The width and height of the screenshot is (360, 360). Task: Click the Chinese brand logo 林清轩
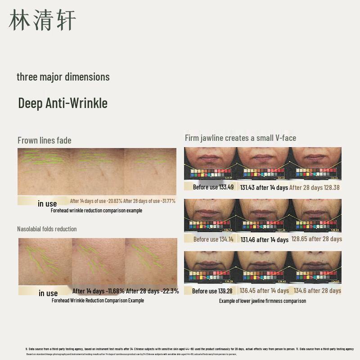(42, 20)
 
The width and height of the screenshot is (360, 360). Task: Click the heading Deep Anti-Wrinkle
(63, 103)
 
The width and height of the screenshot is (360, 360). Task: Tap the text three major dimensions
(63, 77)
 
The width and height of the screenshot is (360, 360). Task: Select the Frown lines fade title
(45, 140)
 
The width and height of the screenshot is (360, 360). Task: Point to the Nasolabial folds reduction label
(47, 229)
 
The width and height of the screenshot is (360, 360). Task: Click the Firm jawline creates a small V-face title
(240, 138)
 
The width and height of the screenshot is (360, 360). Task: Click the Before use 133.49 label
(213, 187)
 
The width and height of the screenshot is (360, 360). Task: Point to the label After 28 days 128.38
(315, 188)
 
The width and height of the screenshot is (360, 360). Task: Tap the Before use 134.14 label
(213, 239)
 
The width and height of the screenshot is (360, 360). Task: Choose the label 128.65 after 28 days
(317, 239)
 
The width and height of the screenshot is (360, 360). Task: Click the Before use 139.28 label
(212, 291)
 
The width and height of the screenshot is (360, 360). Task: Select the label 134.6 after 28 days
(317, 291)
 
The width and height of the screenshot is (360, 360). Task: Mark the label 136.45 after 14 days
(264, 291)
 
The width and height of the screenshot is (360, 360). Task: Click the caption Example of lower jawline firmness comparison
(262, 301)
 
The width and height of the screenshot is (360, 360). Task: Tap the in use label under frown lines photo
(47, 204)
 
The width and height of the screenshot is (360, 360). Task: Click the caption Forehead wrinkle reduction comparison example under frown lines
(96, 211)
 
